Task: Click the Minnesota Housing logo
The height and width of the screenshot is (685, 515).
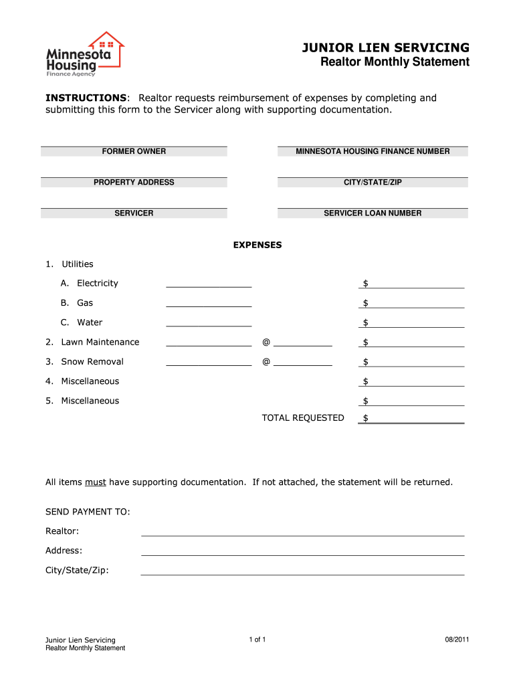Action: pos(84,54)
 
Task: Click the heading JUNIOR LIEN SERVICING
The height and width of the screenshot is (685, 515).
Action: pos(385,47)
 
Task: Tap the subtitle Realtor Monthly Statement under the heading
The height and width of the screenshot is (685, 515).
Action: pos(395,62)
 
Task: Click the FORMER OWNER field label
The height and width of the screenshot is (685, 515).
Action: pos(134,152)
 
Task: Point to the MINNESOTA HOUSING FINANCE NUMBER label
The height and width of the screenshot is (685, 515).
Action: pos(373,152)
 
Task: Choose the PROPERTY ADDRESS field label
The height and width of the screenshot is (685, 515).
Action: pos(134,183)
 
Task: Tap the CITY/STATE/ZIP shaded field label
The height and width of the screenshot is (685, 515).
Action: pos(373,183)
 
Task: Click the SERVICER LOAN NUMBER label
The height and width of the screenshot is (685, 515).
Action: pos(373,213)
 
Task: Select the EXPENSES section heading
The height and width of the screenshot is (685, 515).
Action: pos(257,245)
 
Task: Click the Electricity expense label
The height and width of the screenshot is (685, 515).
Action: pos(97,284)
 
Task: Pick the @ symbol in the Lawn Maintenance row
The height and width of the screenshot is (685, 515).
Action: pos(266,342)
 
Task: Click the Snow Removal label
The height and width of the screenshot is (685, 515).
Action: pos(92,362)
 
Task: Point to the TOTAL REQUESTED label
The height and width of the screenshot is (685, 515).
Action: pos(303,418)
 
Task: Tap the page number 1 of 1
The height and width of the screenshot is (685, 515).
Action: pos(257,640)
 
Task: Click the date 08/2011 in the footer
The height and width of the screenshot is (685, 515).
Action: pos(457,640)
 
